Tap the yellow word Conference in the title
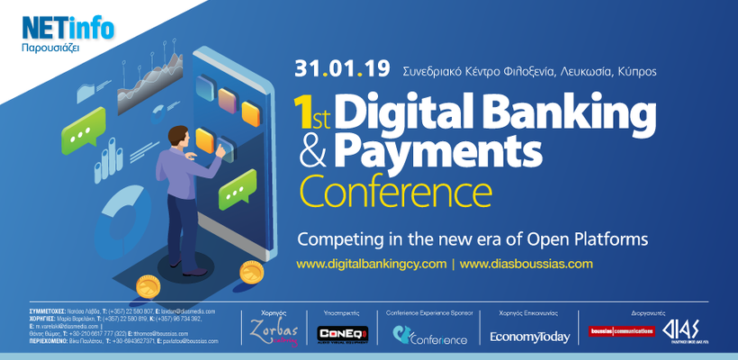pos(395,191)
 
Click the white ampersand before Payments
pos(312,154)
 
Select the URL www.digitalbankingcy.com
pos(371,264)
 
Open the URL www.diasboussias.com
pos(526,264)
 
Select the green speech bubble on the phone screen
pos(232,190)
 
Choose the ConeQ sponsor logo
pos(338,334)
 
